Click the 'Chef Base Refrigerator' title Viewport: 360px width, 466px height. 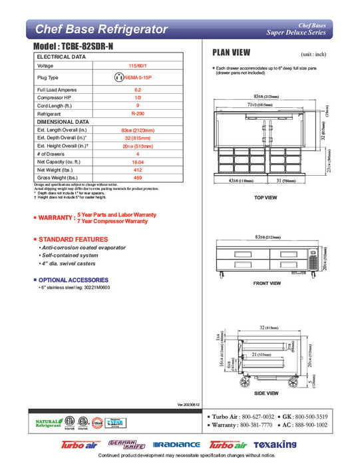point(100,29)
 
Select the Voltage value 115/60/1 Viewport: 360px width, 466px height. point(138,66)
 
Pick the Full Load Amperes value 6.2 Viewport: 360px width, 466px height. point(138,90)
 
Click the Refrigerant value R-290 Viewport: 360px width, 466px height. point(138,114)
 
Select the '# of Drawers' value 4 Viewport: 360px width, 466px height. point(138,154)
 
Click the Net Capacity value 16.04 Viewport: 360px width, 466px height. point(138,162)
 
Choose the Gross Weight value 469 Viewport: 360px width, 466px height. point(138,178)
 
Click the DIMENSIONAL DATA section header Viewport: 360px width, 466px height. point(63,122)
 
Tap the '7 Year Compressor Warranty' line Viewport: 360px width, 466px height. point(112,221)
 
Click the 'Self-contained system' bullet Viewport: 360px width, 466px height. point(71,256)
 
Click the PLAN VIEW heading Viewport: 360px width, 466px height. point(231,53)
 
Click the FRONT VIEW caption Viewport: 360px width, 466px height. point(267,284)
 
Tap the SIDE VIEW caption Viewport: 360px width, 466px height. point(267,393)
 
